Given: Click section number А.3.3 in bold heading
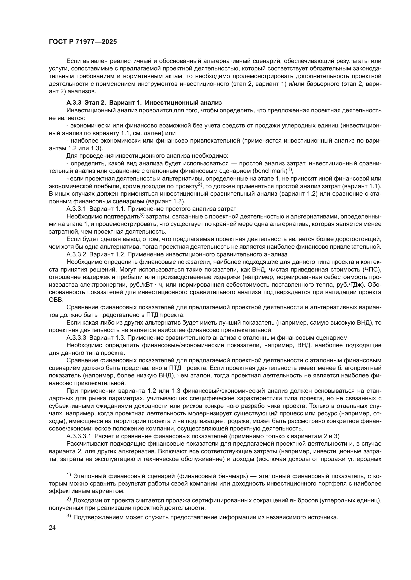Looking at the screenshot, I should pyautogui.click(x=74, y=103).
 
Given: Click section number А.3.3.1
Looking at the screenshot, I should pyautogui.click(x=76, y=209).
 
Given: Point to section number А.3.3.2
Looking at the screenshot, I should pyautogui.click(x=76, y=254).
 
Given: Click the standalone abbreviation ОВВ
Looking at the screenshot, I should pyautogui.click(x=54, y=300).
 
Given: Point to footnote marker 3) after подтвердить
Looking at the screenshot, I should pyautogui.click(x=142, y=215).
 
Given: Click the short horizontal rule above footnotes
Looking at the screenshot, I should pyautogui.click(x=68, y=471).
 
